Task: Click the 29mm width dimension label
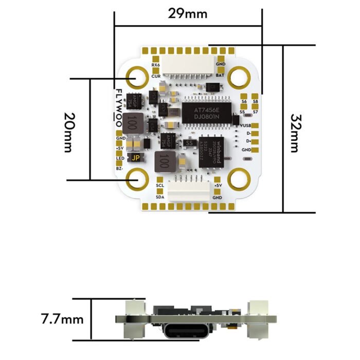point(188,14)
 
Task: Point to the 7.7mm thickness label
point(62,319)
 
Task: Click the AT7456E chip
point(202,112)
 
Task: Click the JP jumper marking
point(136,158)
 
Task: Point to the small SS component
point(189,143)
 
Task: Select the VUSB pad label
point(245,125)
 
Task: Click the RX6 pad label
point(156,65)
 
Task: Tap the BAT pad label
point(220,75)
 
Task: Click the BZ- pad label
point(119,168)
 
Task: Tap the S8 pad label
point(255,102)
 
